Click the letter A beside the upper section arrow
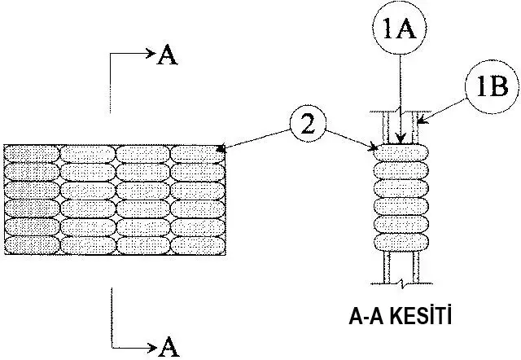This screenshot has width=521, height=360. (167, 55)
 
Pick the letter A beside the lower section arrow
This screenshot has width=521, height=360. (169, 346)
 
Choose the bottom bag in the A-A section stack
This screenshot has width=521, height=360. (400, 241)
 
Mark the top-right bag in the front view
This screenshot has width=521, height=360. (198, 153)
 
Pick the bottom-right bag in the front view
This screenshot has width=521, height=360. (198, 244)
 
